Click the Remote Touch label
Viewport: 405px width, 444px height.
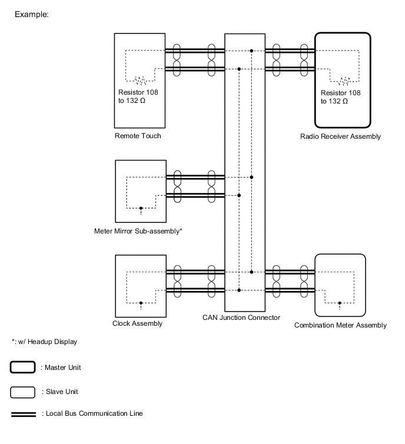[138, 136]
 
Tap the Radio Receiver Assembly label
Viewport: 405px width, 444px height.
[340, 136]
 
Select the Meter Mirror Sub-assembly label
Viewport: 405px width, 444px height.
[138, 231]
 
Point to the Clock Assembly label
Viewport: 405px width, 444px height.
[138, 323]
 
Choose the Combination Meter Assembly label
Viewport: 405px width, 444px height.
[340, 325]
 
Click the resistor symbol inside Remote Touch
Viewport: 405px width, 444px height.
[140, 81]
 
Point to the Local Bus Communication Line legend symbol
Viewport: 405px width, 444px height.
[23, 414]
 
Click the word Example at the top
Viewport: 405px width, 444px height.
[31, 14]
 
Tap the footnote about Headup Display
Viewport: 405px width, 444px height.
[44, 342]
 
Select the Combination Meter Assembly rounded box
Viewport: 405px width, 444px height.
[340, 285]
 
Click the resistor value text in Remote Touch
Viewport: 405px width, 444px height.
[137, 97]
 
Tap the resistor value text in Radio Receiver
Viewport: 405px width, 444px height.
[340, 97]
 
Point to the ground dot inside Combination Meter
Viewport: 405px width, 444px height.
[340, 303]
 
